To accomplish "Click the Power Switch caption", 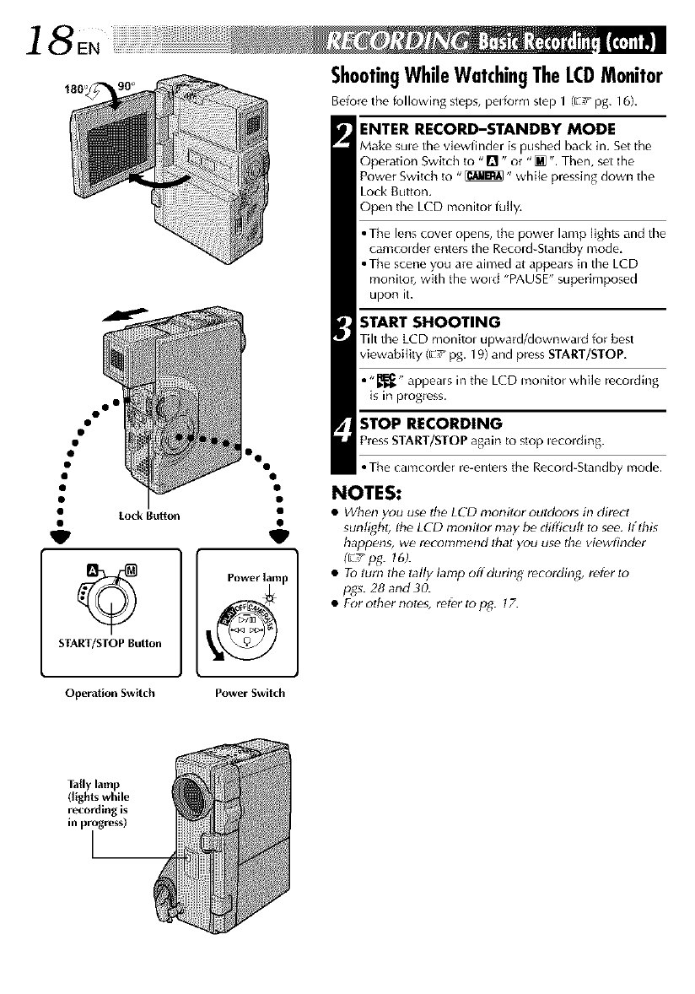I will pos(250,694).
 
